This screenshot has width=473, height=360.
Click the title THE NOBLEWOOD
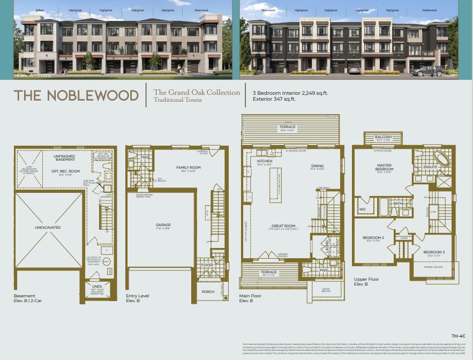76,95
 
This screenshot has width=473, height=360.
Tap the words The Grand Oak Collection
197,92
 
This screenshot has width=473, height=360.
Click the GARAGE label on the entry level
163,224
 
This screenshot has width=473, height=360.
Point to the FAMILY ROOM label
188,168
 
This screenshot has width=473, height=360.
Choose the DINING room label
318,166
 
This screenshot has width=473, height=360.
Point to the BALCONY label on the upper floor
384,137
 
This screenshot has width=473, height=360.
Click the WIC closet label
363,209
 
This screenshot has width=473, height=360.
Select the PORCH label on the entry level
207,291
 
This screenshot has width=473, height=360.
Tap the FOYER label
207,265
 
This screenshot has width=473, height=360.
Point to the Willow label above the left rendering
40,10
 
